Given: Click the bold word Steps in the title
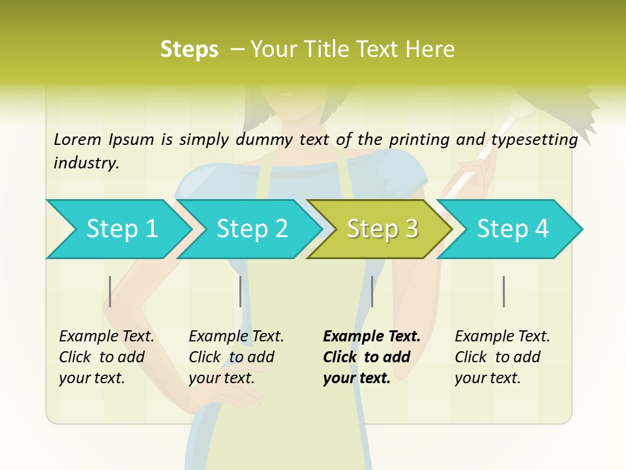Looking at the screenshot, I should pos(189,50).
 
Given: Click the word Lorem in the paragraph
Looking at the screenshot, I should pos(78,139).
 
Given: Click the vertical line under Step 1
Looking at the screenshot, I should pos(110,291).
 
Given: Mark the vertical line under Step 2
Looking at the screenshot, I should pos(241,291).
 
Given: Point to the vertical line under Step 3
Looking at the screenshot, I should pos(372,291).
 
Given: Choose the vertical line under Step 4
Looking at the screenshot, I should pos(503,291).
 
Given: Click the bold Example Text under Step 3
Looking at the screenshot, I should pos(372,336).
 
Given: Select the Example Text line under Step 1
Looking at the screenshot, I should pos(106,336).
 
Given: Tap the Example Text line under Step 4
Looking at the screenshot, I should pos(502,336).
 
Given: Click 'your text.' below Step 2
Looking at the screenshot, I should pos(221,378).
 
